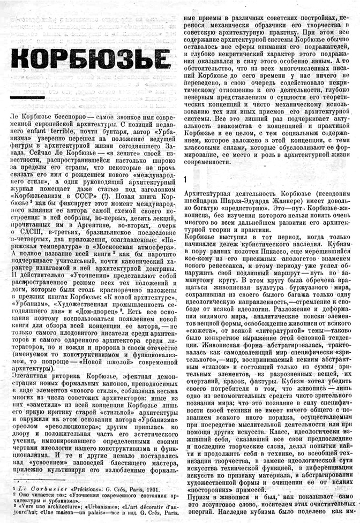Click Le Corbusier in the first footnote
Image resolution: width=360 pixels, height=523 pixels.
pos(32,488)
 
